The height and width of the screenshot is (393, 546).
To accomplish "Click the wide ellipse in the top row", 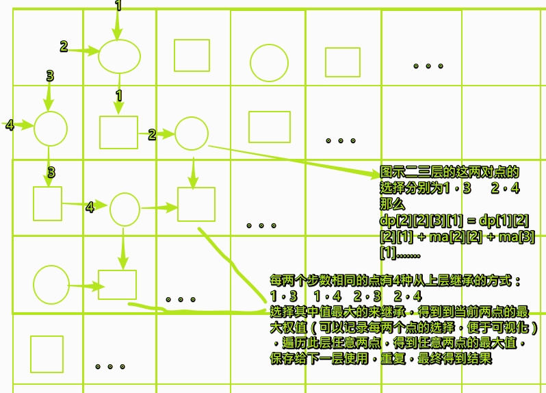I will pos(119,56).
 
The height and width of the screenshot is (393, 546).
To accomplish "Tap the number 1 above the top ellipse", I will pos(118,6).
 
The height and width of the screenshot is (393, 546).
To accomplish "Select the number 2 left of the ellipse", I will pos(64,47).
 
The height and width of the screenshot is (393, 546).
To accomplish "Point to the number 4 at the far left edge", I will pos(10,125).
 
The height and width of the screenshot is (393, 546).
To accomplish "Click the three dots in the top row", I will pos(428,66).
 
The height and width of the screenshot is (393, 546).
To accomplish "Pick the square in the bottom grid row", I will pos(47,353).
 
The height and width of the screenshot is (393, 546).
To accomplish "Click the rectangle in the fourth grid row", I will pos(117,285).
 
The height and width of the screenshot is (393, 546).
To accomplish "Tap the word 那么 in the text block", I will pos(392,204).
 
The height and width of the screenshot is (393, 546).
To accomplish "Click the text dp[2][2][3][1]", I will pos(418,220).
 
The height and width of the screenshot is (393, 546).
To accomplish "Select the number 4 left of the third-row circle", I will pos(90,207).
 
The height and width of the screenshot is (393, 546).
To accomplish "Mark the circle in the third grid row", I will pos(125,209).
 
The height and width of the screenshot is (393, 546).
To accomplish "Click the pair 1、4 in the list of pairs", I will pos(327,296).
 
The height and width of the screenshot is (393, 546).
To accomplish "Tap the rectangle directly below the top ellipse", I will pos(118,132).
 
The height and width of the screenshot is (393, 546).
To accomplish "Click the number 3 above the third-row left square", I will pos(51,173).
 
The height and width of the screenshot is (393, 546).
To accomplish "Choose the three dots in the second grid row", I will pos(340,140).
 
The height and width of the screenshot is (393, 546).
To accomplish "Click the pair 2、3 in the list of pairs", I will pos(367,296).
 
